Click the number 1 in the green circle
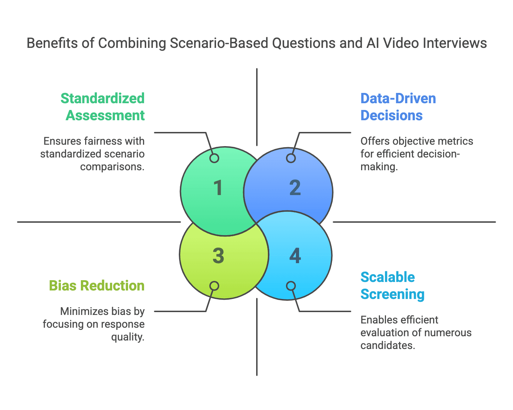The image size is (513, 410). click(218, 188)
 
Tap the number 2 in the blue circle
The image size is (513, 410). click(295, 188)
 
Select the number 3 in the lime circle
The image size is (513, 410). click(218, 256)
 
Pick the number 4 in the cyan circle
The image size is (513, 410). click(295, 256)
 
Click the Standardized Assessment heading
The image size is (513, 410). click(103, 107)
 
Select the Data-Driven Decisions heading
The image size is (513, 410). click(398, 107)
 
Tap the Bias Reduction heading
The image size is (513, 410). click(96, 286)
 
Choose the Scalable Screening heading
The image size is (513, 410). click(392, 286)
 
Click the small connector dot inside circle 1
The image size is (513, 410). click(214, 158)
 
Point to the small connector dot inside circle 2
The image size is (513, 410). click(291, 158)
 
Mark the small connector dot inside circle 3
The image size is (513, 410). click(214, 286)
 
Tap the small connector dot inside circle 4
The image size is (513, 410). click(291, 286)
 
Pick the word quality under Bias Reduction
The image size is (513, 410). click(128, 337)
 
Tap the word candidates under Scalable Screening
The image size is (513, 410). click(387, 345)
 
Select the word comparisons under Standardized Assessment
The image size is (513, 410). click(112, 167)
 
